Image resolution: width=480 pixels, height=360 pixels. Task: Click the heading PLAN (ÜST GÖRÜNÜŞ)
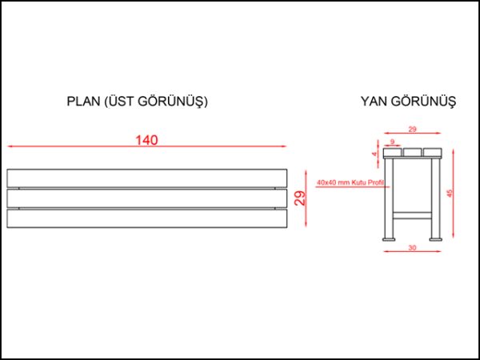138,102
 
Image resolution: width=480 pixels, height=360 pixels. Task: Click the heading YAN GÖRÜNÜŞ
408,102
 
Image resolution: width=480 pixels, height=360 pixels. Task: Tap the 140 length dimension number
146,140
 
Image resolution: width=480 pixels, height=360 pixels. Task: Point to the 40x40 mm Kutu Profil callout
350,183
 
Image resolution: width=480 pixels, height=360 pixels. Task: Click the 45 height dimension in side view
450,194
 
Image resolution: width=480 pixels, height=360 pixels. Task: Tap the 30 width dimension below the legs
412,248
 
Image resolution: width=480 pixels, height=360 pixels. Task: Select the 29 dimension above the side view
412,129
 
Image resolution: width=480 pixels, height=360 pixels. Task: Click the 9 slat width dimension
393,141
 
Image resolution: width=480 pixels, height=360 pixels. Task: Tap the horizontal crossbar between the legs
412,214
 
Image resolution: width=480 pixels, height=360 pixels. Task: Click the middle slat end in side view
412,152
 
